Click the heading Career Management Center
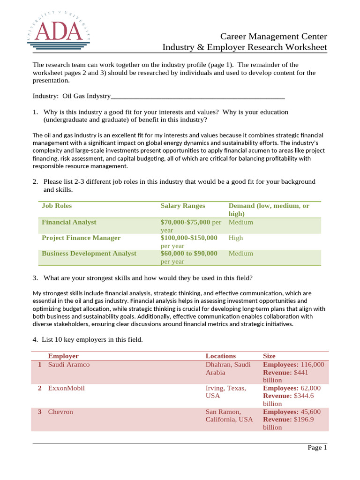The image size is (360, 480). click(274, 37)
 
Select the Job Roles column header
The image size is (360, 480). click(57, 206)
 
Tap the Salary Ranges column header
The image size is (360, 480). click(182, 206)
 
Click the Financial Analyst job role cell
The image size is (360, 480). click(69, 222)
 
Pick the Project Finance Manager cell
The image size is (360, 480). click(81, 238)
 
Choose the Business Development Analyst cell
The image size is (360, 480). click(89, 254)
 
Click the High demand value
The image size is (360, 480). click(236, 238)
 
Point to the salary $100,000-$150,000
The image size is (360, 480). click(189, 238)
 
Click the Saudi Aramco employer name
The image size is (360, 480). click(69, 364)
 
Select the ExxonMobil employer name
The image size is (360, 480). click(67, 388)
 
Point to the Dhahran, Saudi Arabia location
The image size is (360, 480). click(228, 368)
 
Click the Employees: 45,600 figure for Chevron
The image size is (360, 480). click(292, 412)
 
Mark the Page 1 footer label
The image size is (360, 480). click(317, 448)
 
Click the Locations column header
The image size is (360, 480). click(221, 356)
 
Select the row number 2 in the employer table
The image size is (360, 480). click(40, 388)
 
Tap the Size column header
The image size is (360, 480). click(270, 356)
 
